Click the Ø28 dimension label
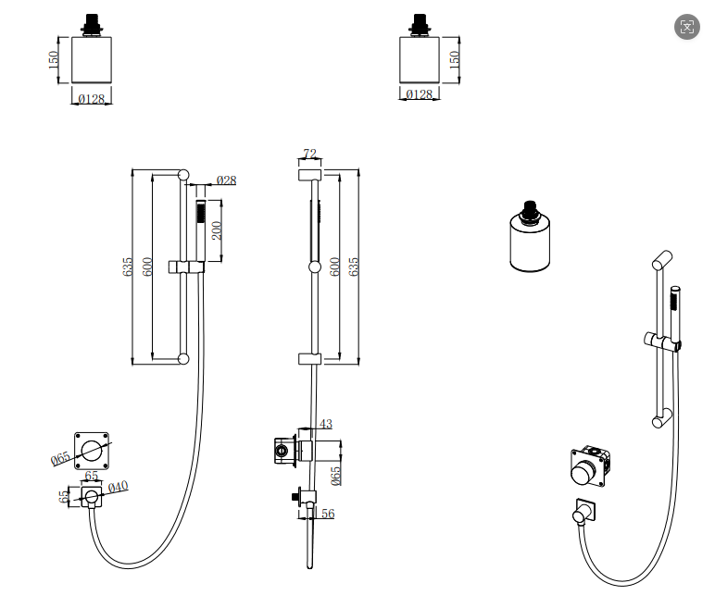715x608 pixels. tap(227, 180)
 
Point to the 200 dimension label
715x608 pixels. tap(217, 230)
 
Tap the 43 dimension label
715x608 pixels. tap(325, 424)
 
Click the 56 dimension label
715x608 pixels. tap(327, 514)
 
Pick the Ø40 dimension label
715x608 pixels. tap(118, 487)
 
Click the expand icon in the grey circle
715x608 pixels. tap(686, 26)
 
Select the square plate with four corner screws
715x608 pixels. tap(93, 451)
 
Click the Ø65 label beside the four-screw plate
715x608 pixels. tap(61, 459)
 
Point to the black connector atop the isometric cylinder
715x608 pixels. tap(531, 212)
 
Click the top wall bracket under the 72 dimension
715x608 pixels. tap(309, 175)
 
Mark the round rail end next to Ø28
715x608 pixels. tap(183, 174)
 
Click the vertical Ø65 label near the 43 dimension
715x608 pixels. tap(336, 475)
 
